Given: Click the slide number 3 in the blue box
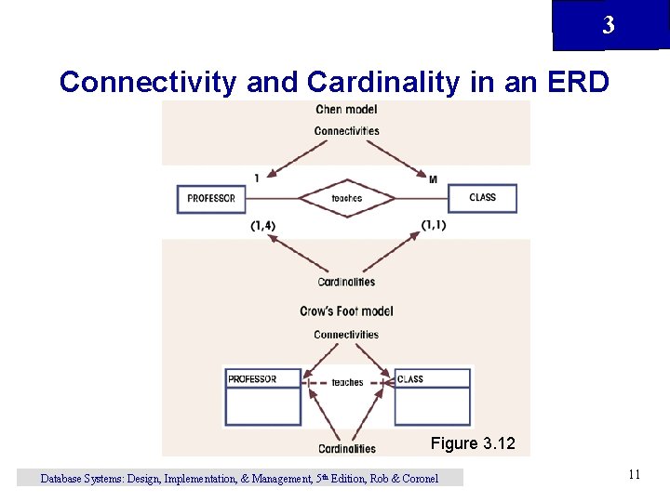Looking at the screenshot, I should tap(608, 26).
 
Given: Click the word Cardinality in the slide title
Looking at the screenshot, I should tap(383, 82).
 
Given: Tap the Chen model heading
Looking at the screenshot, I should tap(346, 110).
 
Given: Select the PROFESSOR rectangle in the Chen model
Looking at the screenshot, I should tap(211, 198).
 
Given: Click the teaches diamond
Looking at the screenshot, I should tap(346, 198).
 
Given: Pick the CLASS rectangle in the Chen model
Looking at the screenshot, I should tap(482, 198).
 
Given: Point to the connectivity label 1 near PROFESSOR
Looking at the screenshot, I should tap(256, 178).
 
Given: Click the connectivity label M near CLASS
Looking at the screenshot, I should tap(433, 178).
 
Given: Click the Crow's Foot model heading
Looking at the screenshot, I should tap(346, 311).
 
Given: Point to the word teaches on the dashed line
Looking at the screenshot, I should tap(347, 382).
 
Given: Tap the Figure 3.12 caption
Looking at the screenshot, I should tap(472, 443).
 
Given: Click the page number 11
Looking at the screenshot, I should tap(634, 475).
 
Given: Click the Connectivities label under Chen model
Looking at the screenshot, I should tap(346, 131).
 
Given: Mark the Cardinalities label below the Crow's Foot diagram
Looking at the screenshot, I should tap(346, 449).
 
